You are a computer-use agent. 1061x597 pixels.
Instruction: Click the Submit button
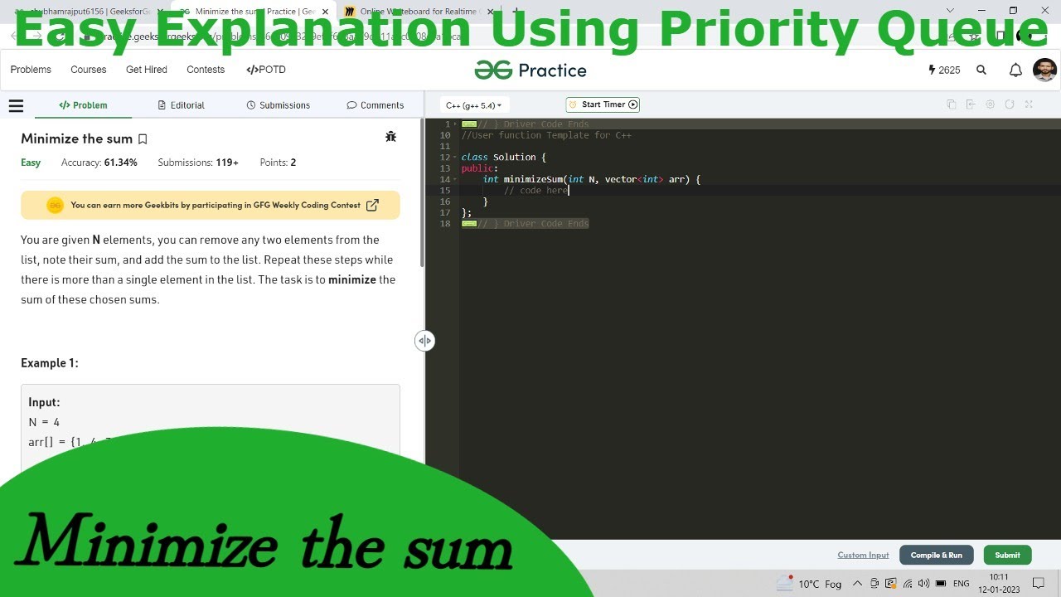(1007, 556)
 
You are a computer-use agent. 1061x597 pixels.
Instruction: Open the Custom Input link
(863, 556)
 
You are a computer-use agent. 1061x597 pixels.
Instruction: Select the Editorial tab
(181, 105)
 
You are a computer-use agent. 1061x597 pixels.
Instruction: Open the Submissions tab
(279, 105)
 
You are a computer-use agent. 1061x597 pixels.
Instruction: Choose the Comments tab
(375, 105)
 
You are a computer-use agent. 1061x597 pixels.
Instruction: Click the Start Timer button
(603, 104)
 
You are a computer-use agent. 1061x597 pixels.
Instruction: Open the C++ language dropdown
(474, 105)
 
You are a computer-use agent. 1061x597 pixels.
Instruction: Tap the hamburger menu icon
(16, 105)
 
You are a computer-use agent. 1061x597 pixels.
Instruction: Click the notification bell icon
(1015, 70)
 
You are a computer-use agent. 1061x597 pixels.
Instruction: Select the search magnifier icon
(981, 70)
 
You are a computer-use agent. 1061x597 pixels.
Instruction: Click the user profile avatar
(1044, 70)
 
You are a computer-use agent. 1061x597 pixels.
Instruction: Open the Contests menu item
(206, 70)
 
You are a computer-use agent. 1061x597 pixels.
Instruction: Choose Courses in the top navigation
(89, 70)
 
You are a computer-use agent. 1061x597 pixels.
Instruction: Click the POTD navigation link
(266, 70)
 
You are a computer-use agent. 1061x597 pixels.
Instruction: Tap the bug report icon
(391, 137)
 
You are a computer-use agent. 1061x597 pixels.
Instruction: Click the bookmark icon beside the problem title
(143, 139)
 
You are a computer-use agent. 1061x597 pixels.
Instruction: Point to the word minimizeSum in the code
(533, 179)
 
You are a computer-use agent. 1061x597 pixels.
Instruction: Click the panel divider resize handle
(424, 341)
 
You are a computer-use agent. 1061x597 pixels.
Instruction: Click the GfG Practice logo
(530, 70)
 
